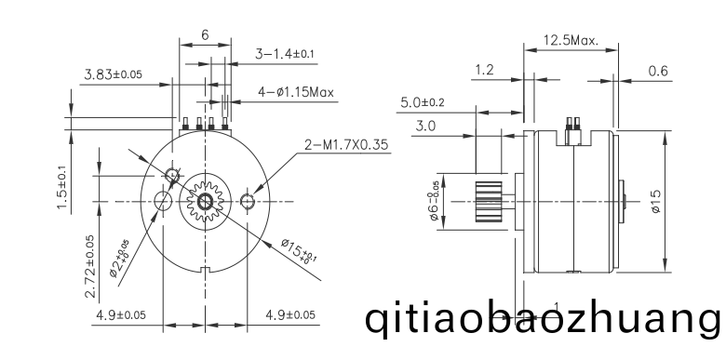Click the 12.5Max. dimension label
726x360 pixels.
pyautogui.click(x=571, y=40)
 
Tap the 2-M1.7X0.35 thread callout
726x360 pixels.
pyautogui.click(x=346, y=145)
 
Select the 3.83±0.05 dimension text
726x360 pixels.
pyautogui.click(x=113, y=74)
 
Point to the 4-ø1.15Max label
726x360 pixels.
pyautogui.click(x=296, y=92)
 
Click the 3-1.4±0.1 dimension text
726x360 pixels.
pyautogui.click(x=285, y=54)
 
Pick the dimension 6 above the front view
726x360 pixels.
pyautogui.click(x=205, y=34)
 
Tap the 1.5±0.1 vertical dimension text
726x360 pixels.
pyautogui.click(x=62, y=187)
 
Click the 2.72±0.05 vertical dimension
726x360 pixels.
pyautogui.click(x=90, y=266)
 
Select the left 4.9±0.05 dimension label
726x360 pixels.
pyautogui.click(x=121, y=315)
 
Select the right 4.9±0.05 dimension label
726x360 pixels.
pyautogui.click(x=290, y=315)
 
